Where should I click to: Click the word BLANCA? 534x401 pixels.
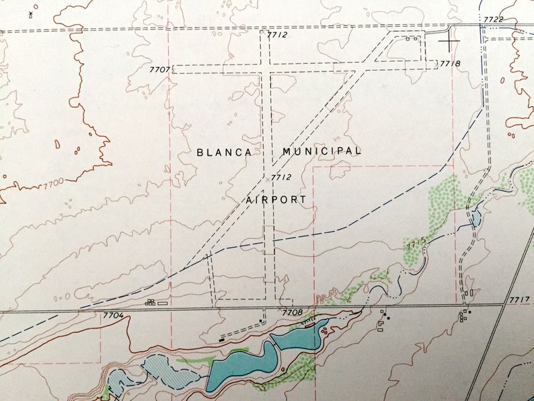click(x=225, y=152)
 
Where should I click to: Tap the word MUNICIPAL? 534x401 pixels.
click(x=321, y=151)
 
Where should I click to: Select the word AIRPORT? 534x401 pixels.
click(x=276, y=200)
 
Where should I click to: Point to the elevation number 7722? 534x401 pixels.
click(x=492, y=20)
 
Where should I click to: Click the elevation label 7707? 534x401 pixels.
click(x=160, y=70)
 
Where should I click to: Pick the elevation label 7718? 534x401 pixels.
click(x=450, y=64)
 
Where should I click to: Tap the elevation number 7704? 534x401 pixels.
click(x=114, y=315)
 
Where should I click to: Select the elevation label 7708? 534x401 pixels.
click(x=293, y=313)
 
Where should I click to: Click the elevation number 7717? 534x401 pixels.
click(x=520, y=299)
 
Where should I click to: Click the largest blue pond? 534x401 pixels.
click(x=239, y=365)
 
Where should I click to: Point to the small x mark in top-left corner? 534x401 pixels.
click(x=31, y=13)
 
